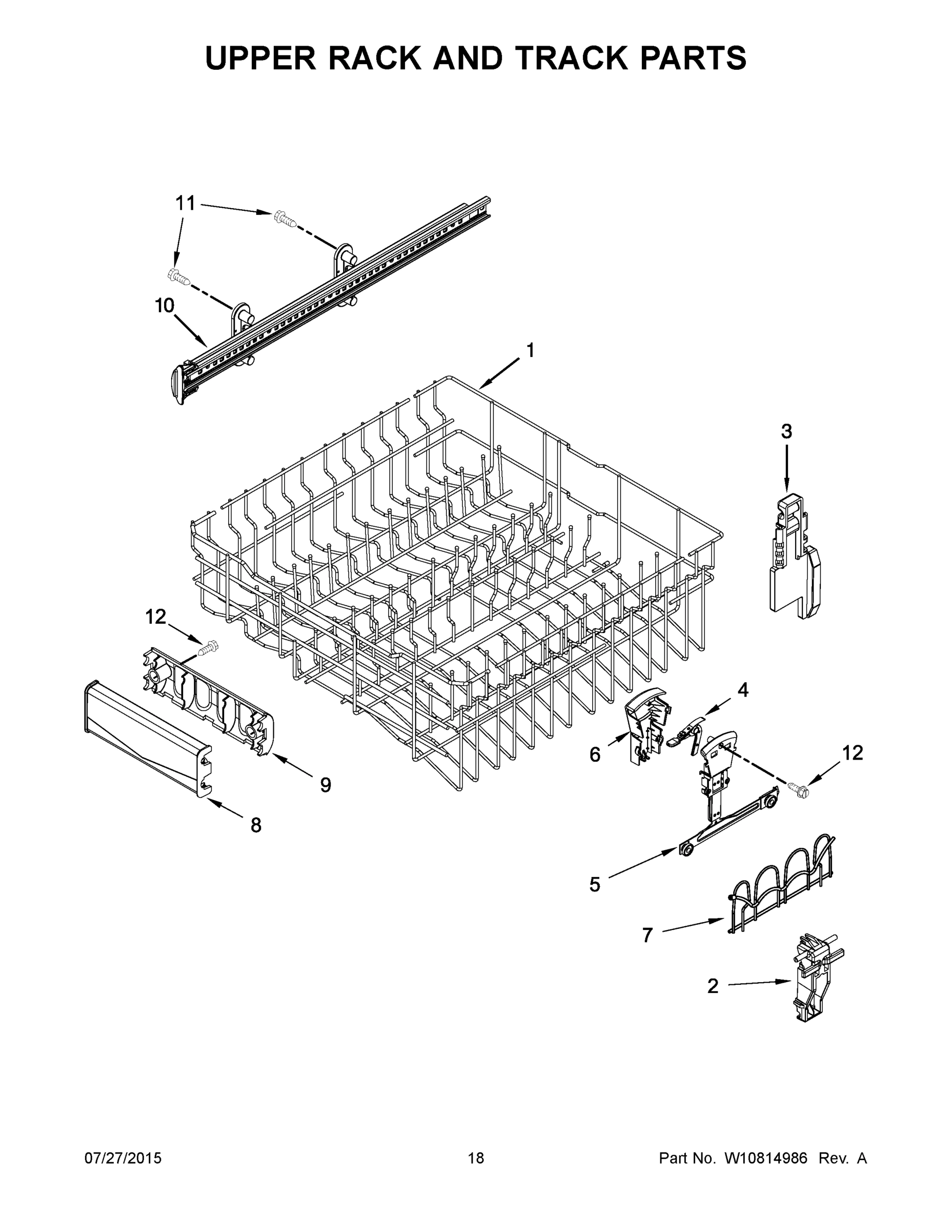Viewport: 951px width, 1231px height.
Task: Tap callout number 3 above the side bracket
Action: [786, 432]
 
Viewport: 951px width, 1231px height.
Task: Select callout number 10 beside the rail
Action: [165, 306]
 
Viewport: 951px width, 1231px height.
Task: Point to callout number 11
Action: [186, 203]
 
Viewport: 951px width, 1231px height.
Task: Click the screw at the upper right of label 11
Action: [286, 218]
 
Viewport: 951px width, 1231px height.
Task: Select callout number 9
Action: [326, 785]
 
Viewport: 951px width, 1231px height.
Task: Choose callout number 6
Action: [595, 754]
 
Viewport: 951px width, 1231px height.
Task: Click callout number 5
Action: [595, 884]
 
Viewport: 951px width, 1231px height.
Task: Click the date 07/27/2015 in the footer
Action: [123, 1158]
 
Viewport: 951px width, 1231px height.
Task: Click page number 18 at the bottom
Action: [476, 1158]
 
